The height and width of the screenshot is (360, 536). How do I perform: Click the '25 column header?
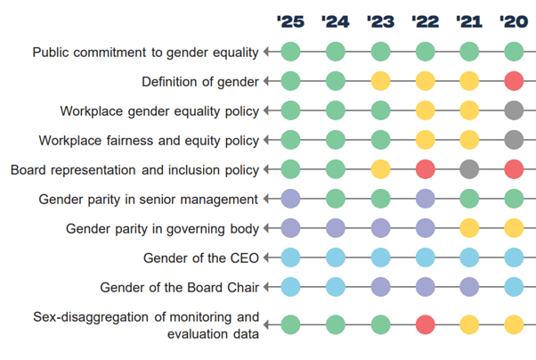pos(290,20)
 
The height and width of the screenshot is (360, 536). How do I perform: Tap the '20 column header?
pos(513,20)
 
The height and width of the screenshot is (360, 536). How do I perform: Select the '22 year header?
pos(424,20)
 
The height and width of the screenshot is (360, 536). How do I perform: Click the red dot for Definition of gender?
pos(513,82)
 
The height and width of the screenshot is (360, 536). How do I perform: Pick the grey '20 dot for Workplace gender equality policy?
pos(513,111)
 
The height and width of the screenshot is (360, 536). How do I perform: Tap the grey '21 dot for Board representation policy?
pos(468,169)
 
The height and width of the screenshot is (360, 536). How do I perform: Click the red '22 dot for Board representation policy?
pos(425,169)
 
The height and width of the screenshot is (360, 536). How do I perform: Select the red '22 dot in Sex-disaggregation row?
pos(425,324)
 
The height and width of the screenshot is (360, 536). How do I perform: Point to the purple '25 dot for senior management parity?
pos(290,199)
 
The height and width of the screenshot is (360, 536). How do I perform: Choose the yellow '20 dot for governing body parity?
pos(513,228)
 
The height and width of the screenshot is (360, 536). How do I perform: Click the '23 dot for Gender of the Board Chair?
pos(380,287)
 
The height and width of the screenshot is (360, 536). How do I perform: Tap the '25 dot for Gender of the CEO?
pos(290,258)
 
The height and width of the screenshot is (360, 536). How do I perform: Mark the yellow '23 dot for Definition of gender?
pos(380,82)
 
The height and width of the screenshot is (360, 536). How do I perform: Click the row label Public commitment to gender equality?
pos(145,53)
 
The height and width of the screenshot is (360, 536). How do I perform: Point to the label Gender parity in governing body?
pos(162,228)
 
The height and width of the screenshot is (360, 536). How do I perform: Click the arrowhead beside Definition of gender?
pos(266,82)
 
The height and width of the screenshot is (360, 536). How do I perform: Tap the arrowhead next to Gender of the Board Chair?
pos(266,287)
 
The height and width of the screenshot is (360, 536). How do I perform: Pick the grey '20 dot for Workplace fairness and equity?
pos(513,140)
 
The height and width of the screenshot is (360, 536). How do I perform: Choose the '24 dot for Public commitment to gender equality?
pos(336,53)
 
